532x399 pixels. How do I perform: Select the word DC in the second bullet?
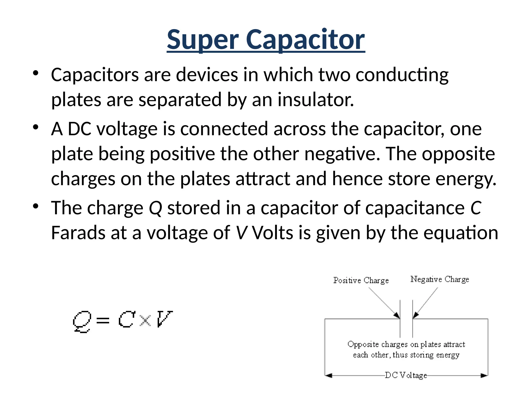coord(79,129)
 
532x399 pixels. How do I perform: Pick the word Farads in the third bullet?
coord(78,233)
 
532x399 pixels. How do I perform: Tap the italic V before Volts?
coord(241,233)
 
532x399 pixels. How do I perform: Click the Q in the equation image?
coord(82,322)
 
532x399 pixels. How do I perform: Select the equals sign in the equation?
coord(103,321)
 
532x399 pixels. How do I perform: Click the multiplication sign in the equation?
coord(145,320)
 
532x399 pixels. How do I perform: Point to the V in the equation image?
coord(164,319)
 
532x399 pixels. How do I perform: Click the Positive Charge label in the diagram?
coord(361,281)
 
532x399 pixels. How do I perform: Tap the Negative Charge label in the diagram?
coord(440,280)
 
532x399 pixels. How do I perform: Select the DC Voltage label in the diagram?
coord(406,375)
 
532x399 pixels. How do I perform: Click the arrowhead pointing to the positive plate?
coord(397,315)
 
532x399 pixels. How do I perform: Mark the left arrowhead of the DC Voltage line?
coord(329,375)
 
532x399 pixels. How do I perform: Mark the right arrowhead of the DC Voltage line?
coord(484,375)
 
